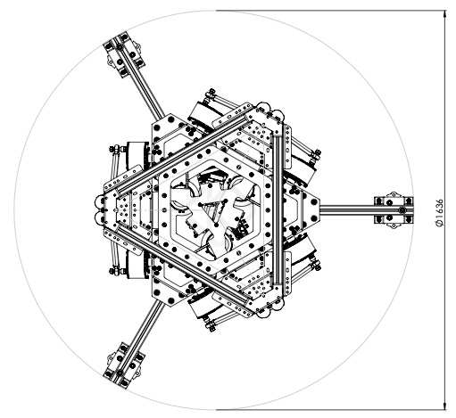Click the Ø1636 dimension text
click(439, 212)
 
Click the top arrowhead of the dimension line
click(445, 14)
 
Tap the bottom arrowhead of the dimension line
click(445, 406)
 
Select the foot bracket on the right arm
click(394, 210)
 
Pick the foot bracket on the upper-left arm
click(124, 54)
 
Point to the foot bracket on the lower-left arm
click(124, 365)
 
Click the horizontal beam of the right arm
click(347, 210)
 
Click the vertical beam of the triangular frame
click(278, 209)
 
